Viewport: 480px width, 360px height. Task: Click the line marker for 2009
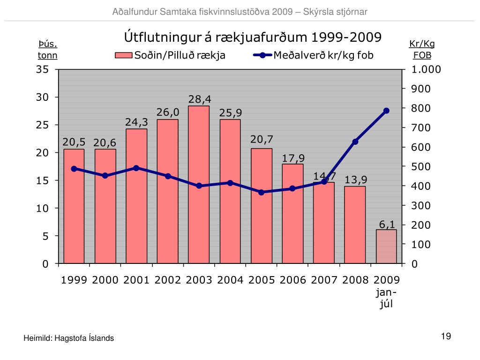[x=386, y=111]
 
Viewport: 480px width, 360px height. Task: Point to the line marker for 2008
[x=355, y=142]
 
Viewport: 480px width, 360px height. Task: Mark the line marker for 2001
[x=136, y=168]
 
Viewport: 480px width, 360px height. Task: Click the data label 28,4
[x=200, y=99]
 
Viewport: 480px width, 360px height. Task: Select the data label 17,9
[x=293, y=158]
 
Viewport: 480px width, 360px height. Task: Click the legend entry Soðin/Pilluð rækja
[x=171, y=55]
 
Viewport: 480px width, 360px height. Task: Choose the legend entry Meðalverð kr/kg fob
[x=314, y=55]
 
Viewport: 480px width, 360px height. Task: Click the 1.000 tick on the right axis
[x=427, y=69]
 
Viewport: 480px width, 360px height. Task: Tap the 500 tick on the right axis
[x=421, y=167]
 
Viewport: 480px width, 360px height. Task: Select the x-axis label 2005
[x=262, y=280]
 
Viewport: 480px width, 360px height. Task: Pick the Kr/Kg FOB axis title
[x=422, y=49]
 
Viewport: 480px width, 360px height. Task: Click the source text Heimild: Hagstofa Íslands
[x=69, y=338]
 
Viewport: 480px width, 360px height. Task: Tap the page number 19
[x=446, y=336]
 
